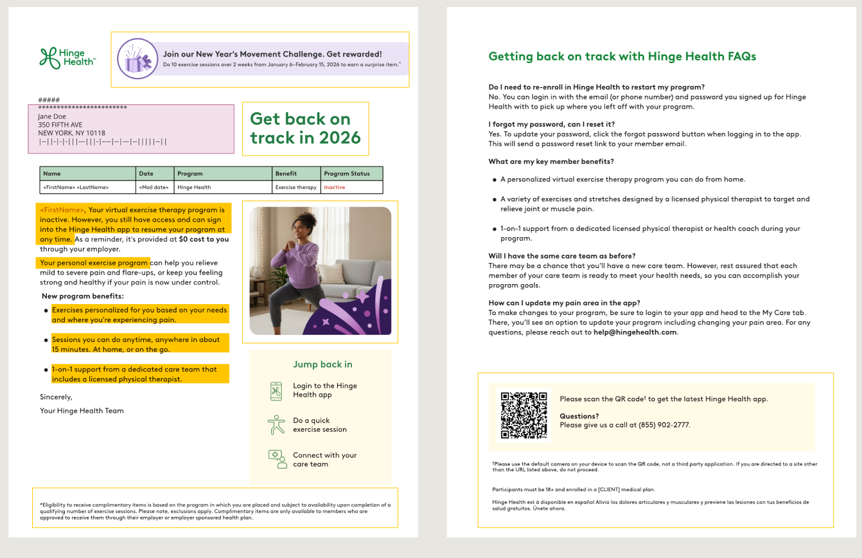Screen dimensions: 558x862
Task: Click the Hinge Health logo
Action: [x=67, y=58]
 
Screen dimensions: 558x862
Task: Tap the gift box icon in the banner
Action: [x=138, y=59]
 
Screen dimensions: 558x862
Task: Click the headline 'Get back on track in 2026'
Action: [x=305, y=128]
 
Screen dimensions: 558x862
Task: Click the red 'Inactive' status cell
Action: [x=335, y=188]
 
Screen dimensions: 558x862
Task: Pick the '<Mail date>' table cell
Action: [x=154, y=188]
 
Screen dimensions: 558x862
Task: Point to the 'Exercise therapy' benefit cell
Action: [x=296, y=188]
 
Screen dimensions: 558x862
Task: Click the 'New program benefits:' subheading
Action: [x=83, y=296]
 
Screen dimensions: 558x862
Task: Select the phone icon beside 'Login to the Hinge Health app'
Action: [x=276, y=391]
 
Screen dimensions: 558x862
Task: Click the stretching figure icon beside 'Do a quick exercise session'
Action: [x=276, y=425]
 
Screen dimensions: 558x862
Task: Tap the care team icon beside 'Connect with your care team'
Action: [x=277, y=459]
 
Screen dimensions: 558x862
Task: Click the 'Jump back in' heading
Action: [x=322, y=364]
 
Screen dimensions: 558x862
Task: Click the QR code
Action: [x=523, y=415]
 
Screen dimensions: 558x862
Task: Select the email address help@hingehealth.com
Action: [x=635, y=332]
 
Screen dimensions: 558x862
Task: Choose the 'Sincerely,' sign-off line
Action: [x=56, y=397]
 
